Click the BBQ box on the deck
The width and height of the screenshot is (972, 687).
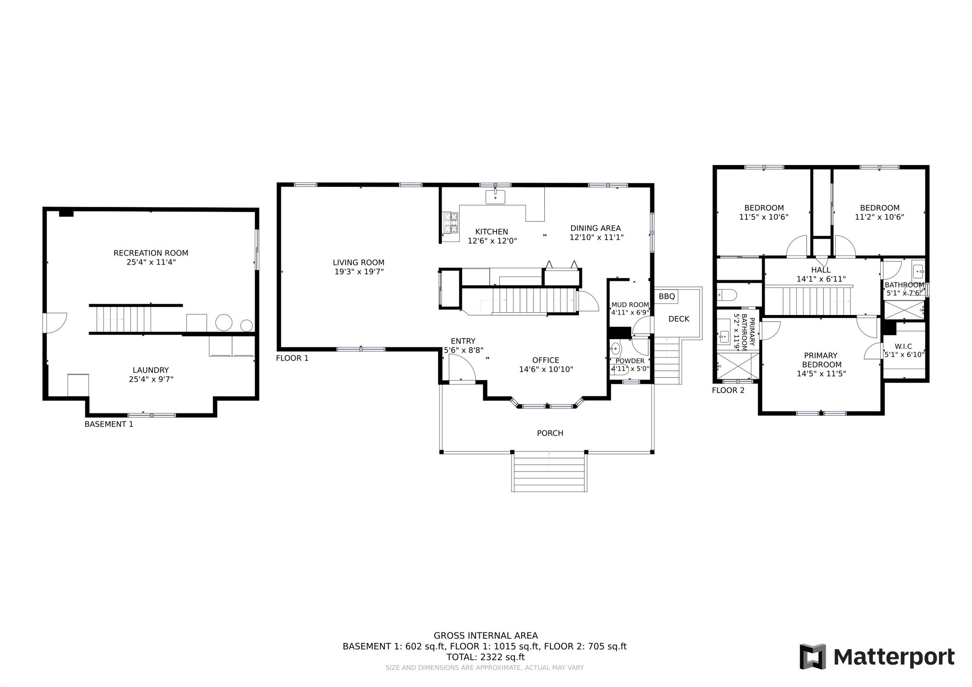pos(667,297)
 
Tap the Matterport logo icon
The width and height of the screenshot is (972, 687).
pos(813,657)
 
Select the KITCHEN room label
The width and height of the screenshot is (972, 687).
pos(492,232)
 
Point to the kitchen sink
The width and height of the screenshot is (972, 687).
pos(495,197)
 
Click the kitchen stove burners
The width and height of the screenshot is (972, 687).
pos(451,223)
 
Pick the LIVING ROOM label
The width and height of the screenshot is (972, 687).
pos(358,262)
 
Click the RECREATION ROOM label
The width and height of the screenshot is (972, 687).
pos(151,253)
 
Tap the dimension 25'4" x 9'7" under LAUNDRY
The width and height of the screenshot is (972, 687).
pos(151,379)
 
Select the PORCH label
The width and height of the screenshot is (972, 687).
pos(550,433)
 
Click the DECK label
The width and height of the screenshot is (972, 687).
pos(679,319)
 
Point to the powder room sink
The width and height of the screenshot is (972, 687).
pos(615,350)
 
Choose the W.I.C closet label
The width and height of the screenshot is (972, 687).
pos(903,346)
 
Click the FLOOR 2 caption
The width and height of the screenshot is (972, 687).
pos(728,390)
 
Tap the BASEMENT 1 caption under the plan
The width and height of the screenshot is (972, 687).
pos(109,424)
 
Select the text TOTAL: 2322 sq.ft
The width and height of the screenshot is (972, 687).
pos(485,657)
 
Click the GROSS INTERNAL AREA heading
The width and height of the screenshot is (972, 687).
pos(486,636)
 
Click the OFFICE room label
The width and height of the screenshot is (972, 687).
pos(546,360)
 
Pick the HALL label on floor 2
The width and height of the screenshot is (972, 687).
pos(821,270)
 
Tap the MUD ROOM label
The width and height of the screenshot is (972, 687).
pos(630,305)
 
